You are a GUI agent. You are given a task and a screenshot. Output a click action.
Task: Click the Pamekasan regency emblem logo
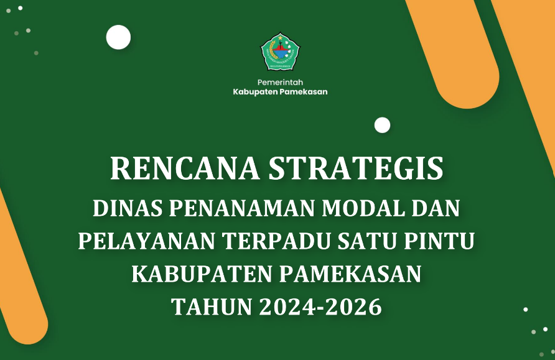point(280,52)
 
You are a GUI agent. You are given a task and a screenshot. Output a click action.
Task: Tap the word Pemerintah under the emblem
point(280,83)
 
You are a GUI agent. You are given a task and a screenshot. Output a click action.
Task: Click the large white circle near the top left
point(118,37)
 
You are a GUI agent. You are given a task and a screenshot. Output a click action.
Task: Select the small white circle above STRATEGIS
point(382,125)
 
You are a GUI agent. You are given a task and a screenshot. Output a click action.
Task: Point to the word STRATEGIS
point(356,168)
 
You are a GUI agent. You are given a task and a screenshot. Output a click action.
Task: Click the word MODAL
point(363,208)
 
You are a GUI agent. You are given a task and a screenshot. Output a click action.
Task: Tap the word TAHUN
point(212,307)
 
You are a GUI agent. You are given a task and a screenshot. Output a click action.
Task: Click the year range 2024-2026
point(320,307)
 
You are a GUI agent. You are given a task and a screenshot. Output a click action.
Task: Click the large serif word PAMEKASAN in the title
point(350,274)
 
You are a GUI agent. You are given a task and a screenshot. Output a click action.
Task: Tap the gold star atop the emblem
point(281,37)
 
